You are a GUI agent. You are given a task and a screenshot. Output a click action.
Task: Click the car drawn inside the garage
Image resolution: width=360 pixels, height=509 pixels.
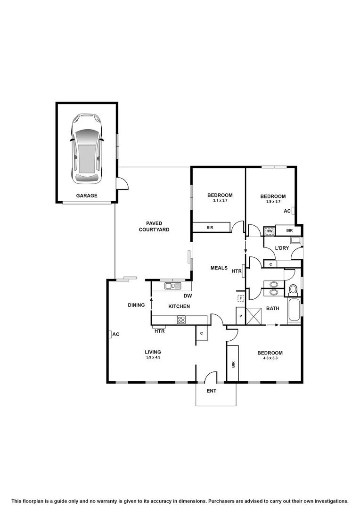[x=87, y=148]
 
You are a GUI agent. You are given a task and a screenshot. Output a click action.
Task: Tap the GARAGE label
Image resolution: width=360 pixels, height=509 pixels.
[x=87, y=195]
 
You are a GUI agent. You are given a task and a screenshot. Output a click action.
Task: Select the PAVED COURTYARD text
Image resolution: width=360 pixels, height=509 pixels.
[x=157, y=226]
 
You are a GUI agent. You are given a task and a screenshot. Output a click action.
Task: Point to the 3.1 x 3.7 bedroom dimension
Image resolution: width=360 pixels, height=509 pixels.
[x=220, y=201]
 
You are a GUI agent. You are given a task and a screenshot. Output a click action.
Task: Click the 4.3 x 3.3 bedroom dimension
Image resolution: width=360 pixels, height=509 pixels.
[x=270, y=359]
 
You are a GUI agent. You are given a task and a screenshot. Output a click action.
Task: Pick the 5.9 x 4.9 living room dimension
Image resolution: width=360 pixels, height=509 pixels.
[x=153, y=358]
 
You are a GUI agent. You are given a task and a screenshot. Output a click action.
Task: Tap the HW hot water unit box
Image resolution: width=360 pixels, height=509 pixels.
[x=270, y=231]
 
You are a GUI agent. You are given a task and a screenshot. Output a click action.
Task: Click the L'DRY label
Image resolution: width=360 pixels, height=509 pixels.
[x=282, y=248]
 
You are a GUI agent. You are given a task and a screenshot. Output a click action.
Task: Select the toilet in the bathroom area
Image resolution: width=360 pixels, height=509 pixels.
[x=293, y=289]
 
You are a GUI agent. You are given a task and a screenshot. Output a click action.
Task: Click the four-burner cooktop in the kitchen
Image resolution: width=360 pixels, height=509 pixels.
[x=181, y=320]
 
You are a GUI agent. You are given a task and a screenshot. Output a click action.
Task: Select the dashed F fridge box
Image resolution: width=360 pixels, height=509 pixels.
[x=241, y=298]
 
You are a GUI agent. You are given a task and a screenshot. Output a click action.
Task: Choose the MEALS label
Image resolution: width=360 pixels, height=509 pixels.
[x=219, y=268]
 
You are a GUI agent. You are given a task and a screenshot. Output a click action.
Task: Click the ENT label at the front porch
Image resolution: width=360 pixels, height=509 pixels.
[x=212, y=391]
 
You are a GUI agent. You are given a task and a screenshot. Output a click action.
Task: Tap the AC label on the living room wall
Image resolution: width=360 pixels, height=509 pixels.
[x=115, y=334]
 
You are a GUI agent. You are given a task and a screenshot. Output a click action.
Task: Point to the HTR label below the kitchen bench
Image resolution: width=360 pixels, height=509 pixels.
[x=159, y=331]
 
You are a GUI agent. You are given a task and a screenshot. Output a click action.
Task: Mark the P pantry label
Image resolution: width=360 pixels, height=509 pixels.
[x=241, y=316]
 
